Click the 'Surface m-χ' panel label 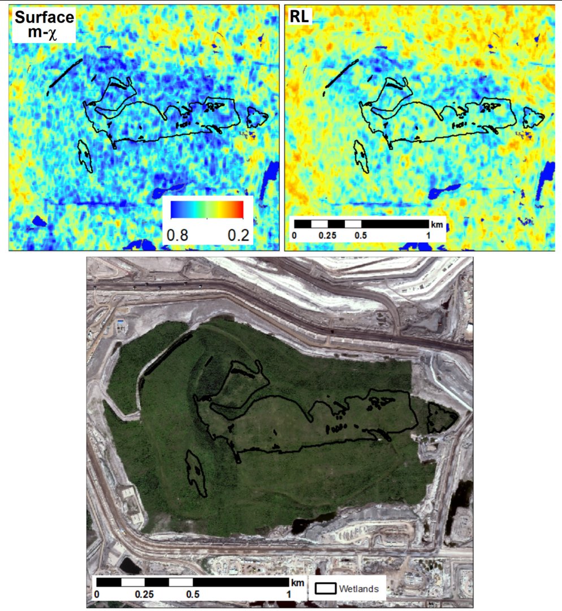45,26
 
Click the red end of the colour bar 239,209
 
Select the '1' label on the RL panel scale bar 429,235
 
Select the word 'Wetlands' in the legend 358,588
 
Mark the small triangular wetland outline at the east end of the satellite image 442,418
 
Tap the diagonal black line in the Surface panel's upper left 64,74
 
